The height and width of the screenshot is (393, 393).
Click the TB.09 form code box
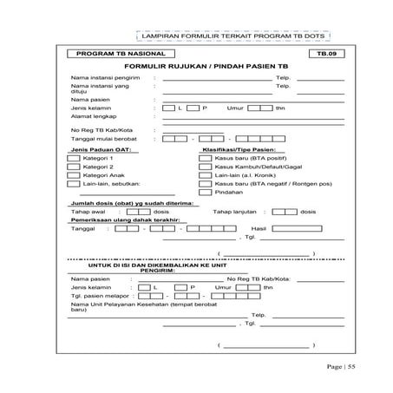[x=319, y=54]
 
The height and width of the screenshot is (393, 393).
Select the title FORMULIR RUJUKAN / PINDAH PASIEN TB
[x=197, y=67]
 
